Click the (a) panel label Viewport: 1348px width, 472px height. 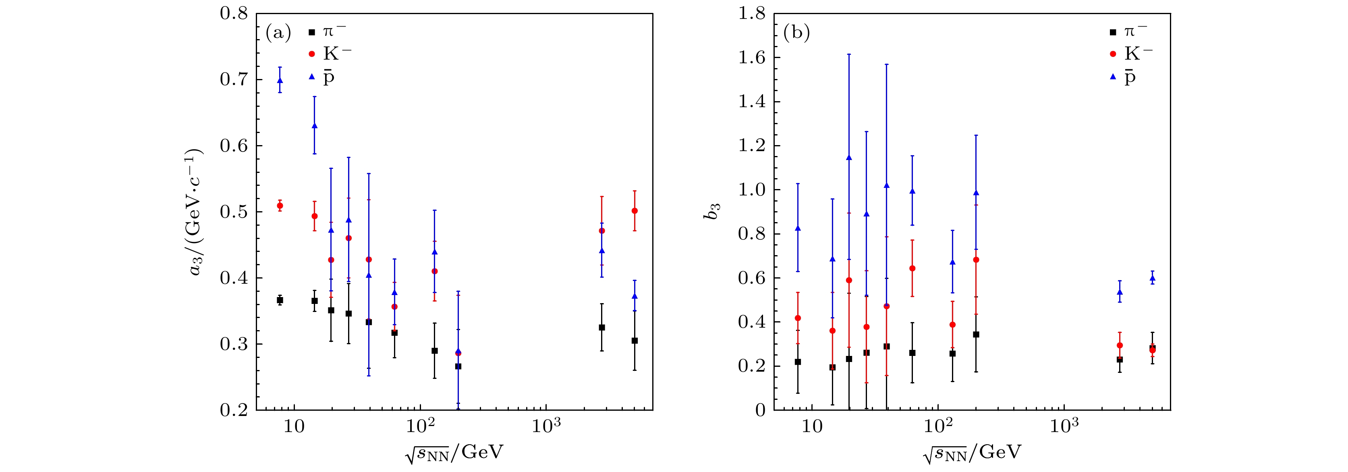click(278, 33)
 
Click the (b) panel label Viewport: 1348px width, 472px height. click(796, 33)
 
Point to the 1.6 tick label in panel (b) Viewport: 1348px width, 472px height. click(751, 57)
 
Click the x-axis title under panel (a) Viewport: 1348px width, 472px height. click(454, 453)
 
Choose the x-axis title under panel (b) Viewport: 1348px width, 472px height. click(972, 453)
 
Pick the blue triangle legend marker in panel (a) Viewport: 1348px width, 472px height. click(312, 77)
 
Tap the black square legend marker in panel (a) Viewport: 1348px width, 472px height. click(312, 32)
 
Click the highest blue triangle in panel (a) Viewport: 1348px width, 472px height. click(280, 80)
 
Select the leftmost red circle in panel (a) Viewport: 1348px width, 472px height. click(280, 206)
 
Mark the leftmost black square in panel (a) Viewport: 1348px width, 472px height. click(280, 300)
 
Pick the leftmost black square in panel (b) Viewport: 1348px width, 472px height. click(798, 362)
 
